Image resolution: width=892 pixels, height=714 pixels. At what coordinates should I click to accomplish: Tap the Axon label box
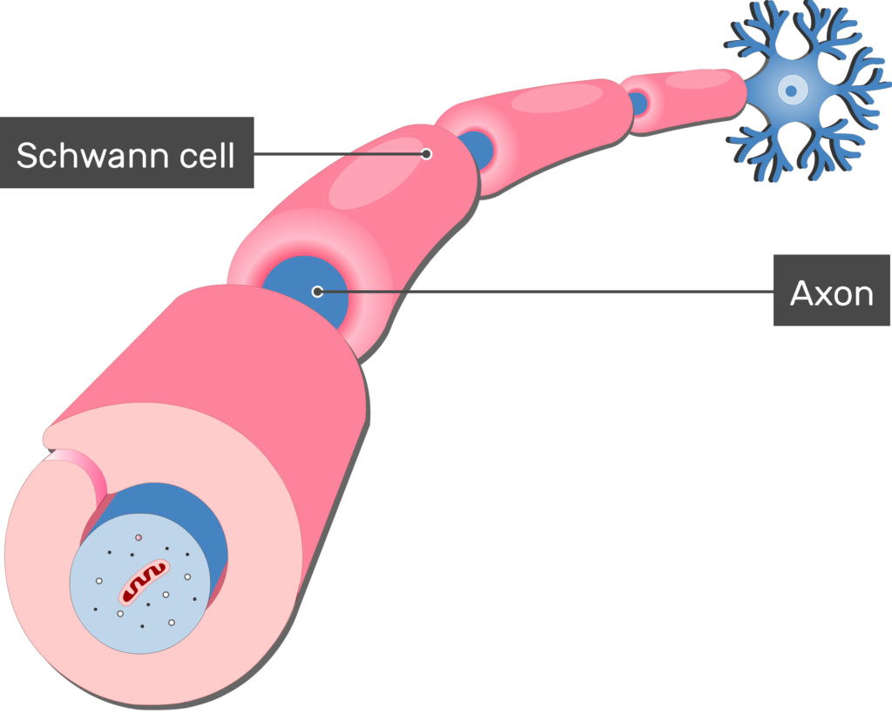[831, 291]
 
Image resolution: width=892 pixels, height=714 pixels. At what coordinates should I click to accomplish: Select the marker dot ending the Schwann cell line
[426, 154]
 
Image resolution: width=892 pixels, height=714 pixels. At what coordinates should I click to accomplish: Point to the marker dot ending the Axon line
[317, 292]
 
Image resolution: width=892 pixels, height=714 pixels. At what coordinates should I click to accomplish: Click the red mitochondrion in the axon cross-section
[144, 583]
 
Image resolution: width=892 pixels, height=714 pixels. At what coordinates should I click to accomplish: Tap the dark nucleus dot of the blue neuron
[790, 91]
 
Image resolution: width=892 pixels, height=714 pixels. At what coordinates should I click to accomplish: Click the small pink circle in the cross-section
[139, 537]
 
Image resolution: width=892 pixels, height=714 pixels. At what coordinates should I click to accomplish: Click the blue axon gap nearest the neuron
[638, 103]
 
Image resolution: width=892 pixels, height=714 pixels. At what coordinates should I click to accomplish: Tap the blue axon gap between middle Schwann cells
[476, 150]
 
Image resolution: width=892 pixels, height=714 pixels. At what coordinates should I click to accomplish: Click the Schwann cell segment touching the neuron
[683, 100]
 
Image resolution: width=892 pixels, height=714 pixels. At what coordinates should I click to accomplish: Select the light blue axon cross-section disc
[140, 583]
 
